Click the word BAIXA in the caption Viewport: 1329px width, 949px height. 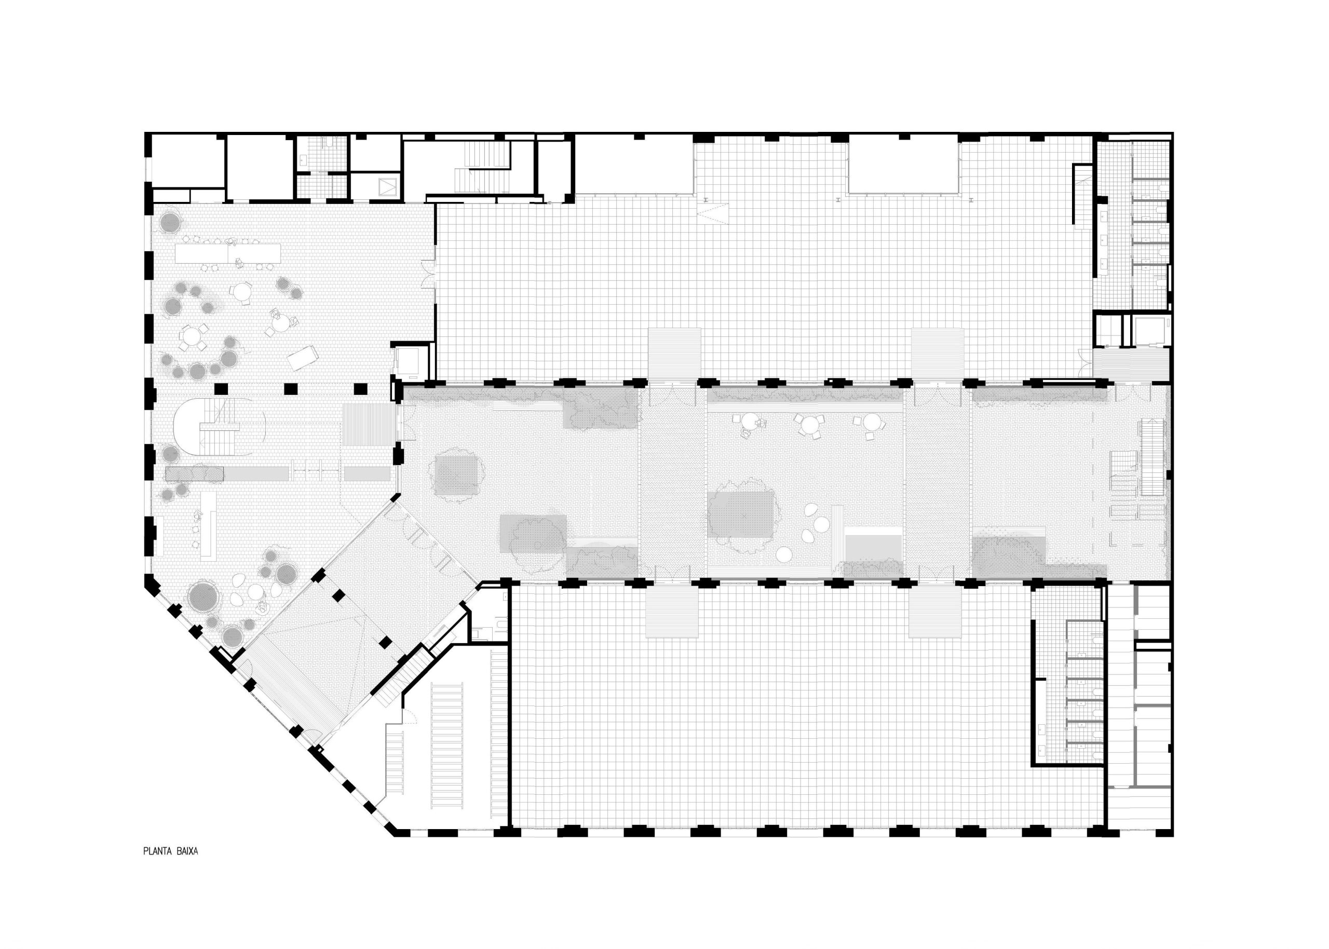[x=186, y=851]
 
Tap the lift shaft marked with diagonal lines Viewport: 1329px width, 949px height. [x=387, y=186]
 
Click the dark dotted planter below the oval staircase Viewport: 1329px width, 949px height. [x=195, y=473]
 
